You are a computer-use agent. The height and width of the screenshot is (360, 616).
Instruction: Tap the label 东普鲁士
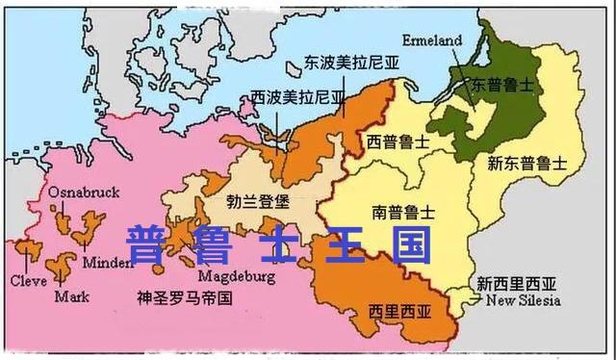(500, 86)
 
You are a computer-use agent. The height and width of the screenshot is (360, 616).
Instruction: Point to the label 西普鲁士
(398, 141)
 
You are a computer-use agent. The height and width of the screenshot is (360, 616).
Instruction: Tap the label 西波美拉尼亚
(296, 97)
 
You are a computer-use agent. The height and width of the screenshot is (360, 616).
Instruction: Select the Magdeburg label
(238, 276)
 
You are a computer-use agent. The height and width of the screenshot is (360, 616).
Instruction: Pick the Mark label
(71, 296)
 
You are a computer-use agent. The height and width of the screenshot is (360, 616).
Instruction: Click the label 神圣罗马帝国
(186, 297)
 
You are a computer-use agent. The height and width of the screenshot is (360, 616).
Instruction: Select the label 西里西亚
(400, 311)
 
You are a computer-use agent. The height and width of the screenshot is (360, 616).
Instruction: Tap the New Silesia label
(522, 300)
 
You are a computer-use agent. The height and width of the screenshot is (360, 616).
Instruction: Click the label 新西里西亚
(517, 284)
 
